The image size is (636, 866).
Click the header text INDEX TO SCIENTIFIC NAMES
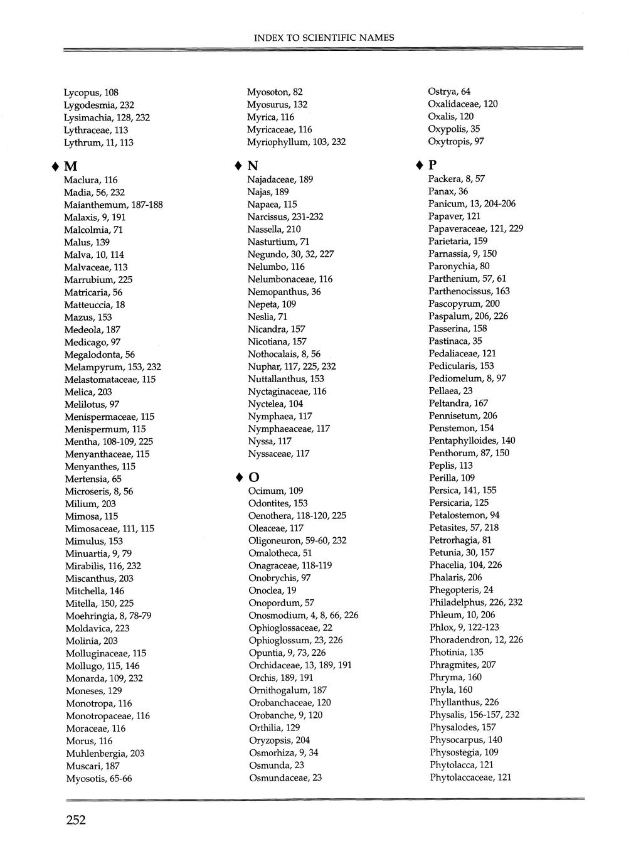pos(324,38)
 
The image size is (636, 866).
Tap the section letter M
pos(71,167)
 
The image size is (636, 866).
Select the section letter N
pos(253,166)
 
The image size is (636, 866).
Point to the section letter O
pos(254,478)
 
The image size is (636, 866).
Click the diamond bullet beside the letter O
pos(240,478)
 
